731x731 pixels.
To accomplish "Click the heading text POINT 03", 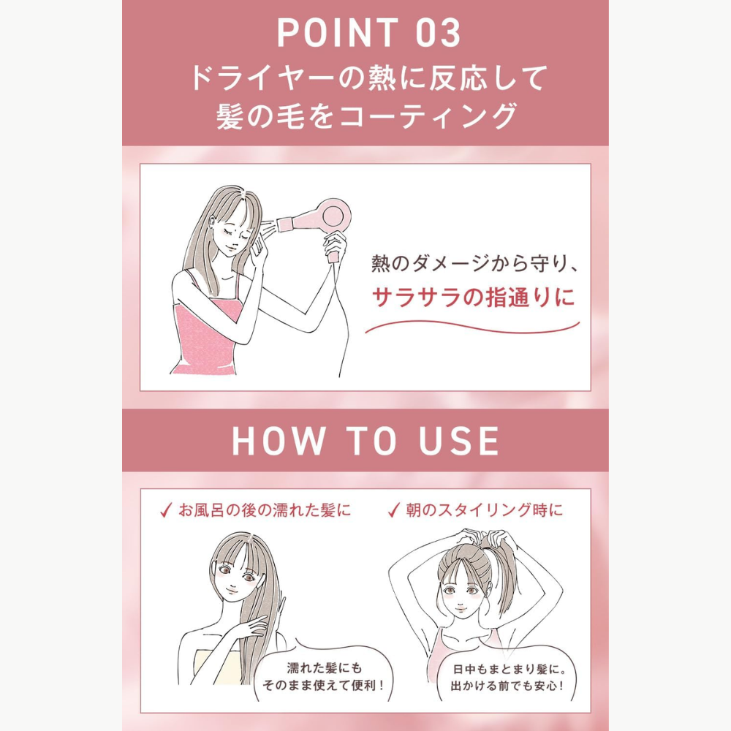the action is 369,33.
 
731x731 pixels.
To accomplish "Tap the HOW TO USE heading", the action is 365,441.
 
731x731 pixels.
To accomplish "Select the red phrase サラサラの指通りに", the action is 473,298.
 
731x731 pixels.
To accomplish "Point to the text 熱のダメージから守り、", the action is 474,264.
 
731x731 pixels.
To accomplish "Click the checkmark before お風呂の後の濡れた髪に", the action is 165,510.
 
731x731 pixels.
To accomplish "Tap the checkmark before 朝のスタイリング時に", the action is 394,510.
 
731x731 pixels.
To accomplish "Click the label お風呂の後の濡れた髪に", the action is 265,510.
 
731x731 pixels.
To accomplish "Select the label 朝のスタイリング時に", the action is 484,510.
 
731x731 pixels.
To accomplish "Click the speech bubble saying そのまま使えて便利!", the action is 324,676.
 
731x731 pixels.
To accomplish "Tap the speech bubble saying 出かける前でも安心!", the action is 507,677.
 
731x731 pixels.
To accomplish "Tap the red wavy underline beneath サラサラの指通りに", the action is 471,327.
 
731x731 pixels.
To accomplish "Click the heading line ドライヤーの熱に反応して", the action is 368,77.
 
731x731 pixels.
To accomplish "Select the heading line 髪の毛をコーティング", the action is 366,115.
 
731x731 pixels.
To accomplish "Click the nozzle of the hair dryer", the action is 285,224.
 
